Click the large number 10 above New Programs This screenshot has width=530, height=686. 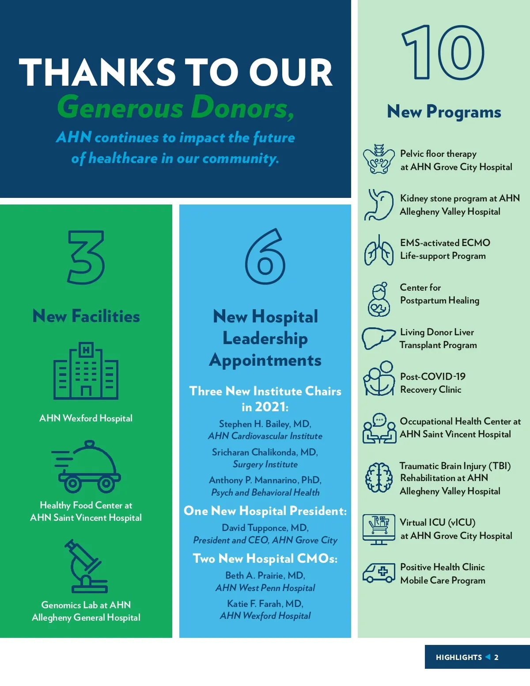pyautogui.click(x=443, y=52)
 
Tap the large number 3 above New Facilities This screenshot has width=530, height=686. pyautogui.click(x=86, y=257)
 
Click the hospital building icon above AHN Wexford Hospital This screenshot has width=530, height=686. pyautogui.click(x=86, y=371)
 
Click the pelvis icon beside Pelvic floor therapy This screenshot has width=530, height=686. pyautogui.click(x=379, y=159)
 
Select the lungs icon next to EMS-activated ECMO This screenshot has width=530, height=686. pyautogui.click(x=379, y=250)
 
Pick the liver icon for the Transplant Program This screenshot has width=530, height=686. pyautogui.click(x=378, y=338)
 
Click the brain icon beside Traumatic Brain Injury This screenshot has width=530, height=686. pyautogui.click(x=379, y=478)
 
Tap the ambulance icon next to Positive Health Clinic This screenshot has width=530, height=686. pyautogui.click(x=379, y=573)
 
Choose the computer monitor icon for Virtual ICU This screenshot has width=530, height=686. pyautogui.click(x=379, y=529)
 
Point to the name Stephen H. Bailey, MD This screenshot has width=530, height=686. pyautogui.click(x=265, y=424)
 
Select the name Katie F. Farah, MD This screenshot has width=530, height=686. pyautogui.click(x=265, y=604)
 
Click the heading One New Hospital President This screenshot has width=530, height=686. pyautogui.click(x=265, y=511)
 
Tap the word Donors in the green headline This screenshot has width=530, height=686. pyautogui.click(x=243, y=107)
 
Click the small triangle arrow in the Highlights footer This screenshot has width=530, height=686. pyautogui.click(x=488, y=657)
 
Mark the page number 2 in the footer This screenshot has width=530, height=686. pyautogui.click(x=496, y=657)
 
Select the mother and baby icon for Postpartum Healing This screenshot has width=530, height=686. pyautogui.click(x=379, y=300)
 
